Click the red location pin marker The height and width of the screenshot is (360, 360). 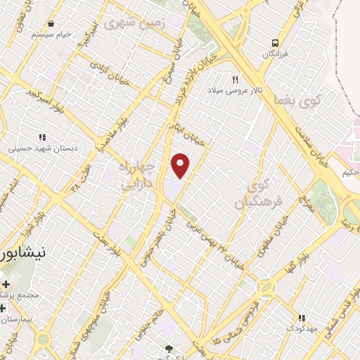point(181,165)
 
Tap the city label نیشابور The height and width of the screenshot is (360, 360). point(20,251)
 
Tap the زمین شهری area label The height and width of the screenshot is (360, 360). point(131,22)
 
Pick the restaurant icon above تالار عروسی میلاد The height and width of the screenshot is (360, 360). point(236,79)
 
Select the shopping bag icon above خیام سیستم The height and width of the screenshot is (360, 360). point(51,24)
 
